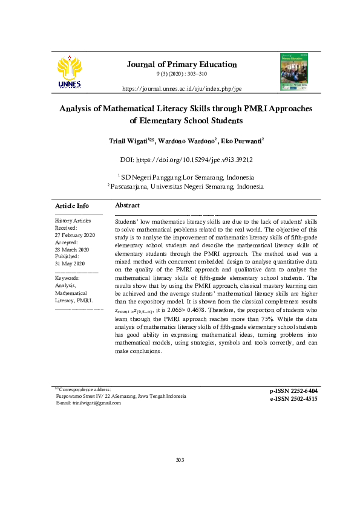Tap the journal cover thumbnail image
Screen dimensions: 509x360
click(293, 72)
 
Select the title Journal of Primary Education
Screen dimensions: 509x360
click(182, 65)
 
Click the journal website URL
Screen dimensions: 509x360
click(182, 88)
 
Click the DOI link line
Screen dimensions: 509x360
click(186, 160)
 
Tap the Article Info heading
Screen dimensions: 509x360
click(71, 206)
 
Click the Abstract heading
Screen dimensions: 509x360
click(127, 206)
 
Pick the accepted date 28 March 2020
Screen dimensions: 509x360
click(72, 250)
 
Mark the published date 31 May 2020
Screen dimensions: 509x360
click(70, 264)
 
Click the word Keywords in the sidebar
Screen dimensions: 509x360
click(67, 278)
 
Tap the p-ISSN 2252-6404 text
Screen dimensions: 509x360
click(293, 391)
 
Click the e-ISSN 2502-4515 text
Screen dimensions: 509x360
click(293, 399)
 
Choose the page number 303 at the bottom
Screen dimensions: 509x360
click(180, 461)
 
